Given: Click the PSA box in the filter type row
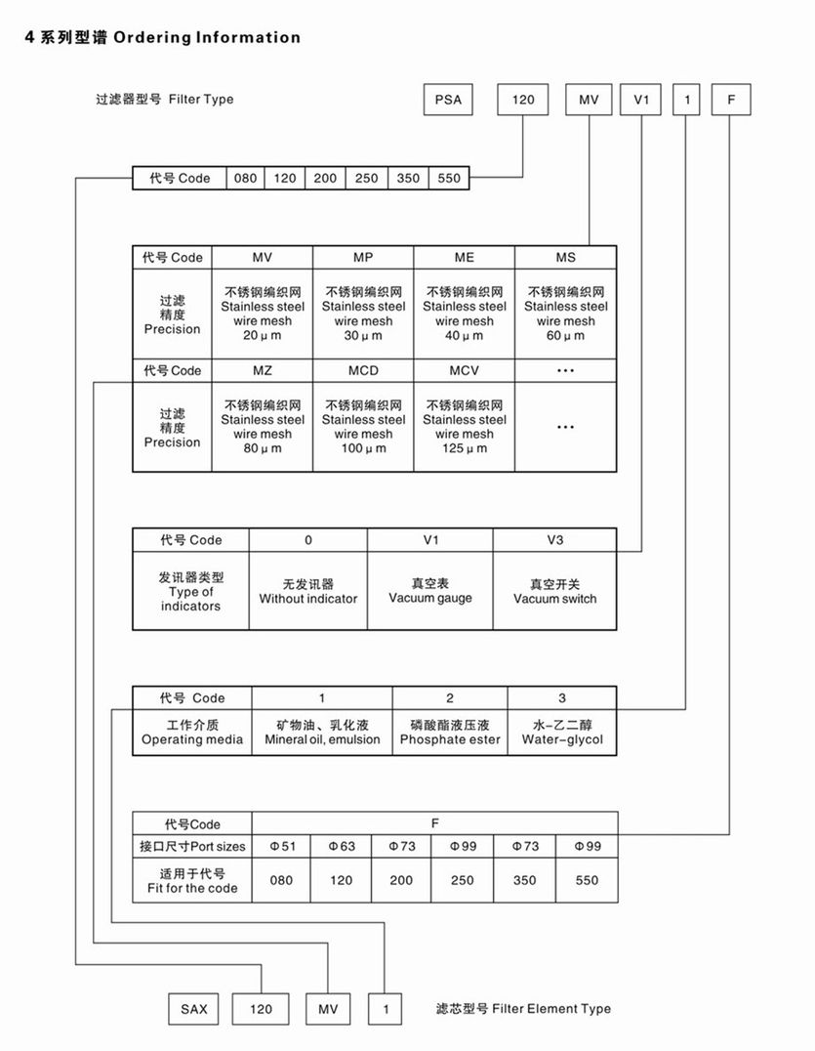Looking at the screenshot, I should pos(448,100).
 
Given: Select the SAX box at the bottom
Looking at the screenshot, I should pos(193,1009).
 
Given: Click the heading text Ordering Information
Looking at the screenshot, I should pos(206,37).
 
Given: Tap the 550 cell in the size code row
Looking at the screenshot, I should pos(449,179).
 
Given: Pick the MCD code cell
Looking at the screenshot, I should pos(363,371).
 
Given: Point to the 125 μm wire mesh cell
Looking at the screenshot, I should pos(465,427).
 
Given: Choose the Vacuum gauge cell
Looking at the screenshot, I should pos(429,590).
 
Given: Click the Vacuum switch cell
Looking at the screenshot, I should pos(554,590).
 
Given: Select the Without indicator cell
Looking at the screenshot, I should pos(308,590).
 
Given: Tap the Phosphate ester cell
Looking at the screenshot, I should pos(450,733).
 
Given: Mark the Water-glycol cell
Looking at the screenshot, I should pos(562,733).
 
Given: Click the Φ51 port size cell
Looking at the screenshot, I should pos(281,846).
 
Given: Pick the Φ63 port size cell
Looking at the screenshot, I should pos(342,846).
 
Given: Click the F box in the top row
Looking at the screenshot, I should pos(731,100).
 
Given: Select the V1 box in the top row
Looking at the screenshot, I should pos(641,100).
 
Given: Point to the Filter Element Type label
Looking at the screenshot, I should pos(523,1009).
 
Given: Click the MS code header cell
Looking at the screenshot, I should pos(566,258).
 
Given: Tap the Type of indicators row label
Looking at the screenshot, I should pos(191,591).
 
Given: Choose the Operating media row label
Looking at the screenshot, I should pos(192,733).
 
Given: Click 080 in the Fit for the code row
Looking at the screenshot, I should pos(281,880).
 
